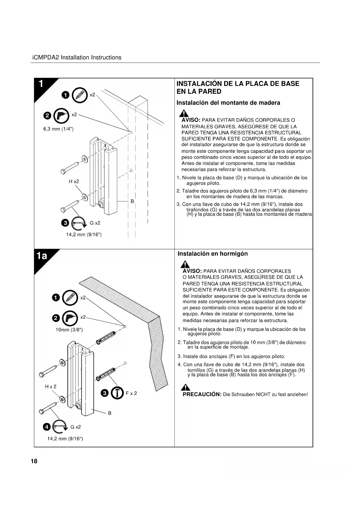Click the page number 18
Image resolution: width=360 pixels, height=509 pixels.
point(34,461)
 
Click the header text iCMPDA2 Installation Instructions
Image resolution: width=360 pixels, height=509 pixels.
point(77,57)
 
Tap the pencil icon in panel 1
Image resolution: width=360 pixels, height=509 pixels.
point(79,95)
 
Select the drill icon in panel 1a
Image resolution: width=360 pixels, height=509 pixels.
point(70,318)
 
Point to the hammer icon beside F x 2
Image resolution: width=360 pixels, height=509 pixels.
point(117,393)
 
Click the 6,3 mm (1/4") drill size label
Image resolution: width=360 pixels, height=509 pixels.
point(58,129)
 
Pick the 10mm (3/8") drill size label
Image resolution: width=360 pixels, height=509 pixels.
point(69,330)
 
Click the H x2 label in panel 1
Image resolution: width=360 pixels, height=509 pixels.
point(74,181)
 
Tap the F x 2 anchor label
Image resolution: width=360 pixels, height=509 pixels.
point(131,393)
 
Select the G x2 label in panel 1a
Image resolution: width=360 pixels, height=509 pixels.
point(76,427)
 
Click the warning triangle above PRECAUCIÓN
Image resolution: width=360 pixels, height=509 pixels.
point(185,387)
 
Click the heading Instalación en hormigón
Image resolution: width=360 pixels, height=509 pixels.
point(213,254)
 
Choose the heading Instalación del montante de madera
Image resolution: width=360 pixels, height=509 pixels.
point(228,103)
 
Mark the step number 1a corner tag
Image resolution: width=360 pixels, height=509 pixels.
point(42,256)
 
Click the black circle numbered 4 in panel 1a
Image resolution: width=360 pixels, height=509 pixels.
point(47,427)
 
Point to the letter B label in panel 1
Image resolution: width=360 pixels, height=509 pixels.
point(132,201)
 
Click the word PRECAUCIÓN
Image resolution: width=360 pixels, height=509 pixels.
point(202,394)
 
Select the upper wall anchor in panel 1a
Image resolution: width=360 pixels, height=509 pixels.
point(106,337)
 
